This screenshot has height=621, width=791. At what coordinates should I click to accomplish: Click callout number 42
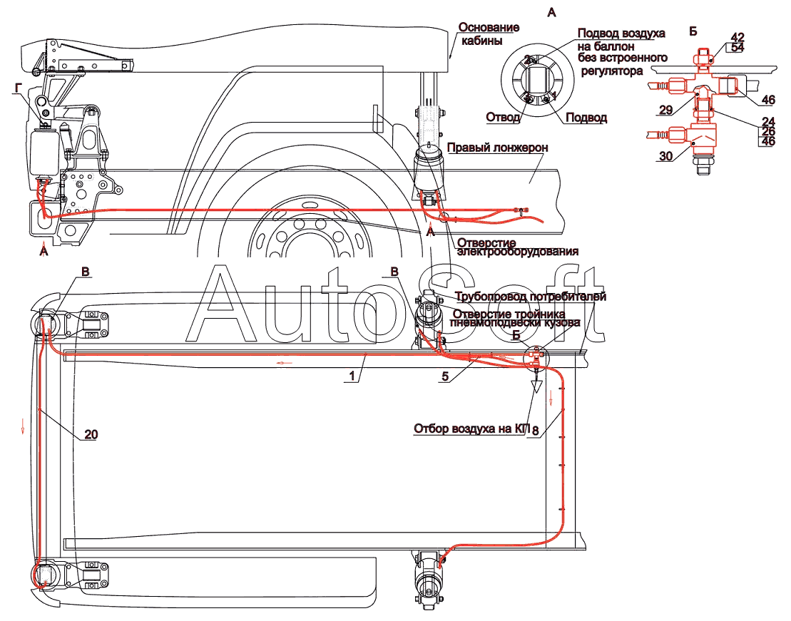[x=738, y=37]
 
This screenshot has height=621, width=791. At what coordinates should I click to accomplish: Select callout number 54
[x=738, y=47]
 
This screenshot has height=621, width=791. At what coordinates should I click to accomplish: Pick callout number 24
[x=767, y=120]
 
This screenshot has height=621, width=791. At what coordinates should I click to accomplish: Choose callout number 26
[x=767, y=131]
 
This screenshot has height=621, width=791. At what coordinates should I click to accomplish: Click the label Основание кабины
[x=489, y=34]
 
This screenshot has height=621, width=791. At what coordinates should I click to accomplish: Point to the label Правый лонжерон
[x=497, y=147]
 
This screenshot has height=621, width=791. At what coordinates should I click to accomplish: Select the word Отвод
[x=503, y=118]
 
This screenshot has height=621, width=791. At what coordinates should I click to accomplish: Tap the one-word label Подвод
[x=586, y=118]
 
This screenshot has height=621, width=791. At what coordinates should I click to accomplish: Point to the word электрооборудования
[x=516, y=251]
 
